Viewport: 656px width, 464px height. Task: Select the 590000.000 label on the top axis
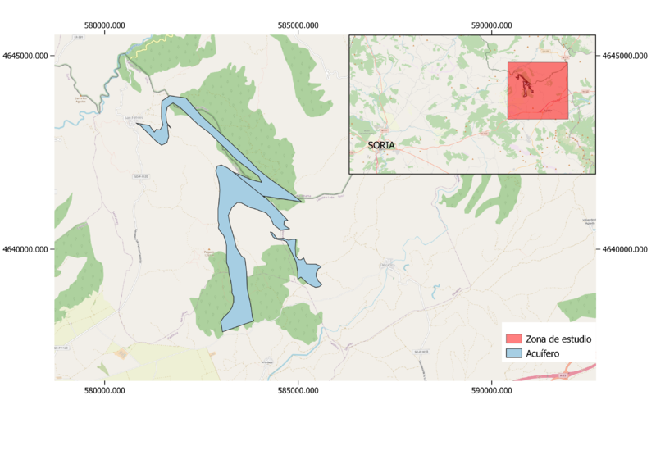tap(492, 25)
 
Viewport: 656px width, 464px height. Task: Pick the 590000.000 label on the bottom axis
tap(492, 392)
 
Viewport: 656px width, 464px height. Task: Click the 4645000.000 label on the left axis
tap(25, 56)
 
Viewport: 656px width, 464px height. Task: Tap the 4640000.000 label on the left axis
tap(25, 249)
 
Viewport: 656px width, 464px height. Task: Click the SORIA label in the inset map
tap(381, 145)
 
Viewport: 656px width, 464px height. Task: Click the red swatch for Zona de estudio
tap(514, 339)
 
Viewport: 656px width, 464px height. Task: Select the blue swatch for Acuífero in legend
tap(514, 354)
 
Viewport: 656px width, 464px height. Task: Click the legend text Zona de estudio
tap(559, 339)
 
